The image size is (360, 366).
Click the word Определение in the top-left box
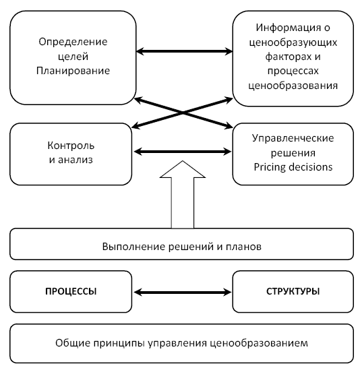73,42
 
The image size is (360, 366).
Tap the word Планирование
73,71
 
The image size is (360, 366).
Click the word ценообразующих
293,42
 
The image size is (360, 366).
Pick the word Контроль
71,146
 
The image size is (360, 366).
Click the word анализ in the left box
76,160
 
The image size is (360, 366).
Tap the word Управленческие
293,139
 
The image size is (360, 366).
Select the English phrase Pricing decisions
293,167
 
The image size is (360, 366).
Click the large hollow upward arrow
183,194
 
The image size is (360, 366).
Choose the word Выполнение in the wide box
133,247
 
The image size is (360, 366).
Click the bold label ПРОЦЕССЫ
71,292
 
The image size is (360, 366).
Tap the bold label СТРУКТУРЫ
293,292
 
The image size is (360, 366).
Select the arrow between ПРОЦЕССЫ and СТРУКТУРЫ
183,292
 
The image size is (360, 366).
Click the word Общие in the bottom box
72,343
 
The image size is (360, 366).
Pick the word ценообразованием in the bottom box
259,343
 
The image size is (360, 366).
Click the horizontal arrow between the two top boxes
185,51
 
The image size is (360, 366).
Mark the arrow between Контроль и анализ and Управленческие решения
183,152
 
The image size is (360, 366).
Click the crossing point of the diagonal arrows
183,113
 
